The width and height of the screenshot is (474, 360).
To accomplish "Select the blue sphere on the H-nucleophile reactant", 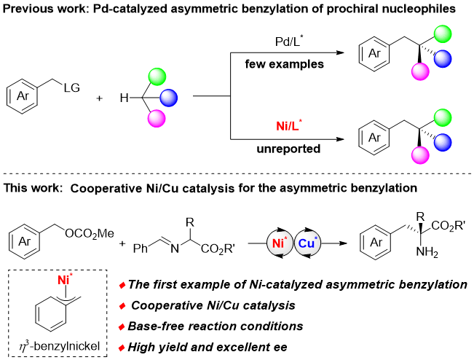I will [168, 98].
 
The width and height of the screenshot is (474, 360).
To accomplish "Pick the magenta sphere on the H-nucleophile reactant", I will [152, 117].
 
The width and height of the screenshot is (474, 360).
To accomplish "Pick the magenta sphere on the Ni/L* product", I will [419, 154].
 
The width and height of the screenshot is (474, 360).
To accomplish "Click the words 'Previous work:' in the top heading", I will [34, 9].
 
